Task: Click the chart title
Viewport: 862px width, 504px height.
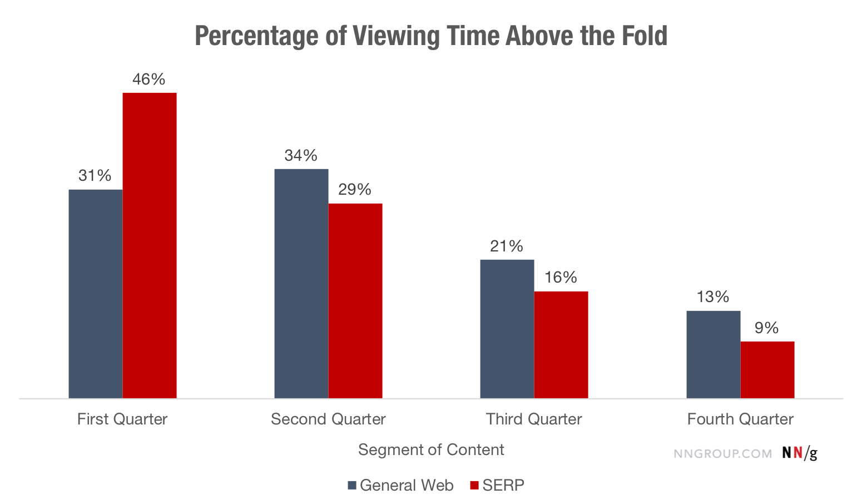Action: click(431, 36)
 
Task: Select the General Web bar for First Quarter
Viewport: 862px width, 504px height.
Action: click(96, 294)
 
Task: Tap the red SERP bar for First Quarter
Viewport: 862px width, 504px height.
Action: click(150, 245)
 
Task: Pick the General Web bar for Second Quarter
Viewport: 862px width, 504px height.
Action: click(301, 284)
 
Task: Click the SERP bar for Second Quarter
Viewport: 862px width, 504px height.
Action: click(355, 301)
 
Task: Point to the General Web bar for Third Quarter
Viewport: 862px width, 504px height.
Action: click(507, 329)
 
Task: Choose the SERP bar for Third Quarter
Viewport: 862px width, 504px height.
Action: click(561, 345)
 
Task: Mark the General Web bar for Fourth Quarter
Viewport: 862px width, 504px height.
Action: click(714, 354)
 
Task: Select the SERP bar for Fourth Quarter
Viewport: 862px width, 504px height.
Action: click(767, 370)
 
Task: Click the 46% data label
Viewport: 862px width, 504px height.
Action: click(149, 80)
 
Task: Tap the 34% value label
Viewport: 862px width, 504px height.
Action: click(301, 156)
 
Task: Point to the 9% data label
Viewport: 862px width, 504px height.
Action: click(766, 328)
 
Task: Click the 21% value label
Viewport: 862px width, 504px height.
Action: click(507, 246)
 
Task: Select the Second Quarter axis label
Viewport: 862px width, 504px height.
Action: click(328, 419)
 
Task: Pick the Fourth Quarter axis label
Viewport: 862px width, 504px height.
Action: click(740, 419)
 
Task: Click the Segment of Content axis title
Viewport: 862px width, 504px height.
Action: click(431, 450)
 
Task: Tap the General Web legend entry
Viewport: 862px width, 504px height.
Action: click(401, 486)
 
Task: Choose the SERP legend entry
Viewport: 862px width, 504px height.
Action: click(498, 486)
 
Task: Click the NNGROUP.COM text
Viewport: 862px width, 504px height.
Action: click(722, 454)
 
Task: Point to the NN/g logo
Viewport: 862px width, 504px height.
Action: click(800, 453)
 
